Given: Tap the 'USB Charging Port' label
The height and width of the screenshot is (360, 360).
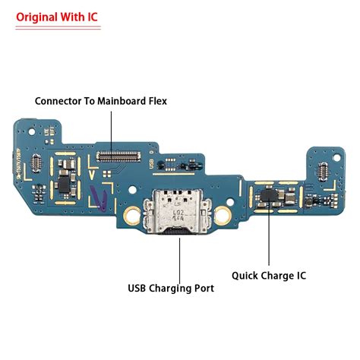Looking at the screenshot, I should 171,288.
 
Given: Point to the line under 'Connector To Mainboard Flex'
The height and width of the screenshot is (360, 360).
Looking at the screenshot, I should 112,125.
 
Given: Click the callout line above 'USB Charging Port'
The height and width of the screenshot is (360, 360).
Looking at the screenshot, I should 179,258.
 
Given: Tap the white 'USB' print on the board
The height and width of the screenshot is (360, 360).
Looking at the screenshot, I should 153,164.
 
